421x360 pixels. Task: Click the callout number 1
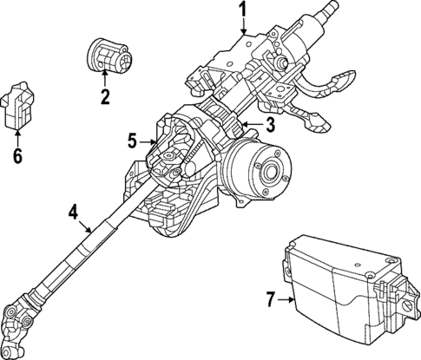pos(244,11)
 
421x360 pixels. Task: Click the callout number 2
pos(104,97)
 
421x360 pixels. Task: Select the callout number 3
pos(270,126)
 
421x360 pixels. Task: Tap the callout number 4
pos(74,212)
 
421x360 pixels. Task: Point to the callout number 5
pos(132,139)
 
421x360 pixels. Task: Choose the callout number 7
pos(270,300)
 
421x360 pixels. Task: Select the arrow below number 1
pos(244,28)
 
